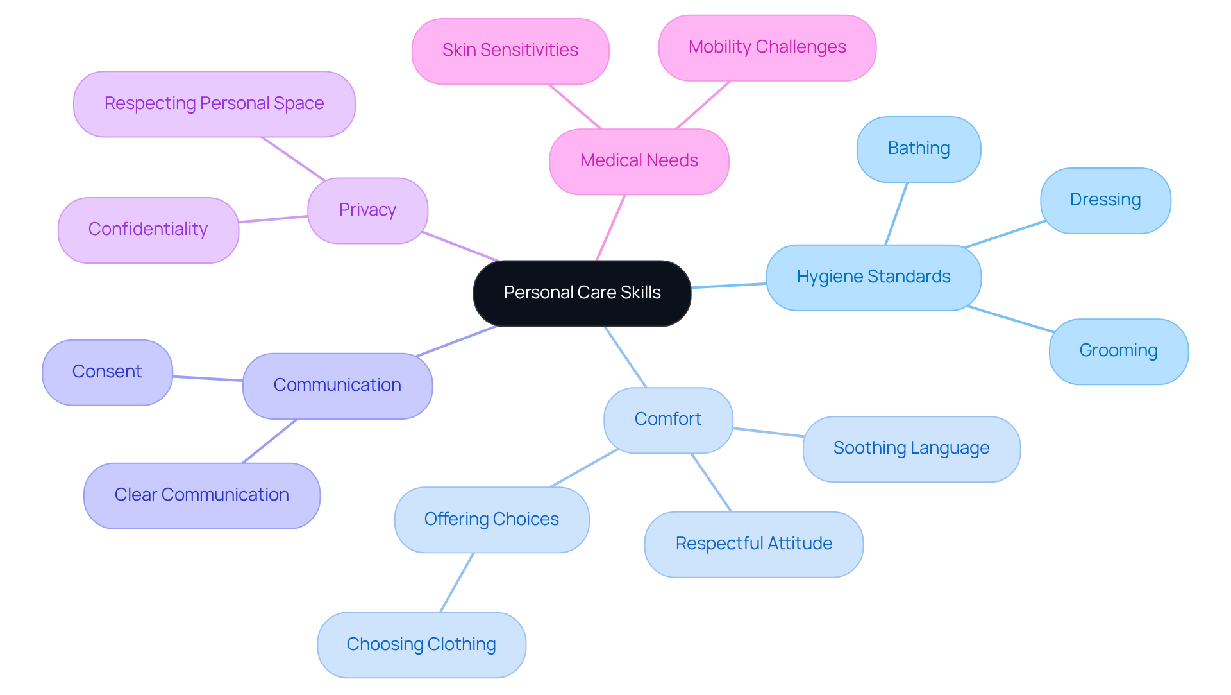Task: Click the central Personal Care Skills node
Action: (x=582, y=293)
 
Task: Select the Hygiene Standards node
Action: (x=873, y=277)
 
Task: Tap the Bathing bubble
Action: (x=918, y=149)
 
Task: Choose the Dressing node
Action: (x=1105, y=200)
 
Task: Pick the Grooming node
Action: (x=1118, y=351)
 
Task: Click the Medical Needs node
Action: (x=639, y=161)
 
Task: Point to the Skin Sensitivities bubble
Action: (x=510, y=51)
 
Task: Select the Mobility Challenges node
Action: (x=767, y=47)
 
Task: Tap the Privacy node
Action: (x=367, y=210)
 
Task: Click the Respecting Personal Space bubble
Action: (x=214, y=104)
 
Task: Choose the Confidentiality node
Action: (x=148, y=230)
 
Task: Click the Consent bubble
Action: (x=107, y=372)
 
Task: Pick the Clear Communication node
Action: (x=201, y=495)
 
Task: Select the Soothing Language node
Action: (x=911, y=449)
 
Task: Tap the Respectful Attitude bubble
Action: (x=753, y=544)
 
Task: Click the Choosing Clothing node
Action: (x=421, y=644)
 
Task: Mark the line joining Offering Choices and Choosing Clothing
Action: (x=456, y=582)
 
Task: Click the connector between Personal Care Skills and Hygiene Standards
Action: (x=728, y=286)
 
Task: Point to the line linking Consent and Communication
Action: (x=208, y=379)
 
